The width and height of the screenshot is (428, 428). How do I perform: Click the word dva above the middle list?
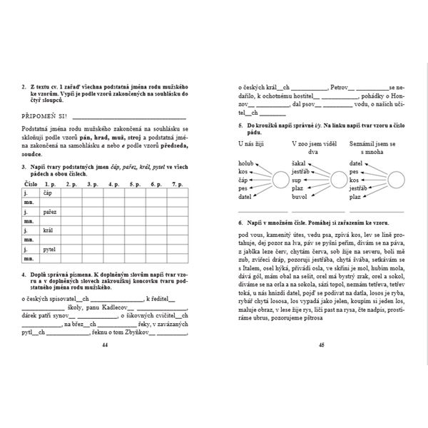[x=312, y=151]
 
